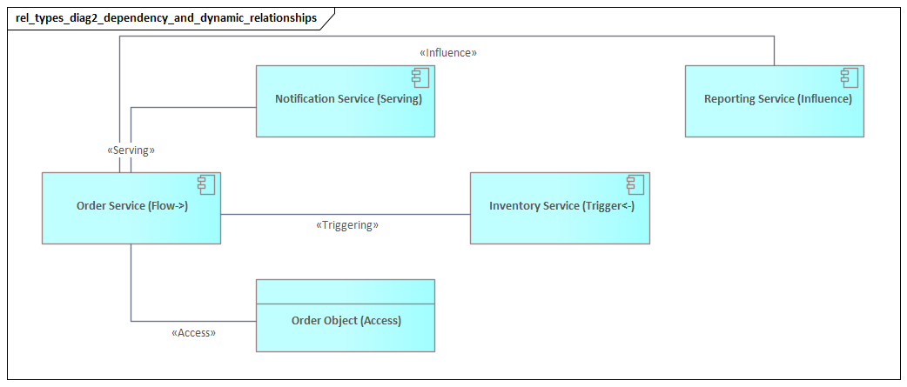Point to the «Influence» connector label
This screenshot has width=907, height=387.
click(448, 52)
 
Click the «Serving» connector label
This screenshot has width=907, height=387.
click(131, 150)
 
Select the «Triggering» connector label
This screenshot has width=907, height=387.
click(346, 225)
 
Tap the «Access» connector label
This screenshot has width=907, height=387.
click(193, 332)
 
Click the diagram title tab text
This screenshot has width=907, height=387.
click(166, 17)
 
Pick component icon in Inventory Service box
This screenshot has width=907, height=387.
click(636, 184)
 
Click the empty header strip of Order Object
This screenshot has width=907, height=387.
click(345, 291)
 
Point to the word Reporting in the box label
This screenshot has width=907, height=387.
click(730, 99)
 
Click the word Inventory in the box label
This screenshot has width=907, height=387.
click(514, 206)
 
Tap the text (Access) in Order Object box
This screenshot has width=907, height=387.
click(380, 321)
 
